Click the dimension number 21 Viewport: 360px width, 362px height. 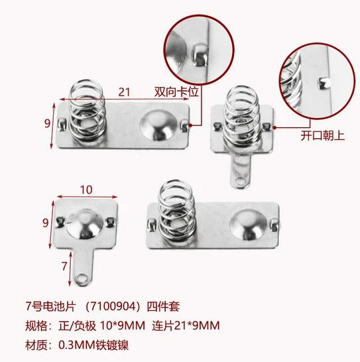click(x=123, y=91)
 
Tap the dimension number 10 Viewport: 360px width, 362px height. click(x=86, y=190)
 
